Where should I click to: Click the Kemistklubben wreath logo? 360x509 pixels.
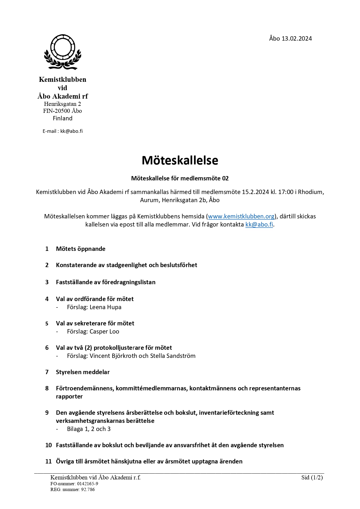62,52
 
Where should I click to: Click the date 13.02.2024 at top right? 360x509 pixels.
296,39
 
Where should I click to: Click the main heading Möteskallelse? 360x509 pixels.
180,160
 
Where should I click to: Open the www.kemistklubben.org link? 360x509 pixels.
241,216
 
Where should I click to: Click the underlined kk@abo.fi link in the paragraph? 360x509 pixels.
259,224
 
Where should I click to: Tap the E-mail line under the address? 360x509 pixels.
63,131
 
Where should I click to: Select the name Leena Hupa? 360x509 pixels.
106,307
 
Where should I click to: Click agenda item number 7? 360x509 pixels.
47,372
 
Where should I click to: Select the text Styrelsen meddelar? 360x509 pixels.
83,372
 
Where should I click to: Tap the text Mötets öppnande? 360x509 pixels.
81,249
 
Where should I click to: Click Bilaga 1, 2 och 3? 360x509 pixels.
89,429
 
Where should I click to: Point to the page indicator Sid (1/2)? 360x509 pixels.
312,477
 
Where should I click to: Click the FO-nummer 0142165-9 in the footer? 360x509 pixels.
74,484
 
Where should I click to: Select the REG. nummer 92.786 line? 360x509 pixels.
73,490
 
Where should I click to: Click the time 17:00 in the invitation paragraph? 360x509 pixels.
285,192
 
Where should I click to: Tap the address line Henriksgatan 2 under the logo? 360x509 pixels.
62,104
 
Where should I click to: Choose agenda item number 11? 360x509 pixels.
48,461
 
